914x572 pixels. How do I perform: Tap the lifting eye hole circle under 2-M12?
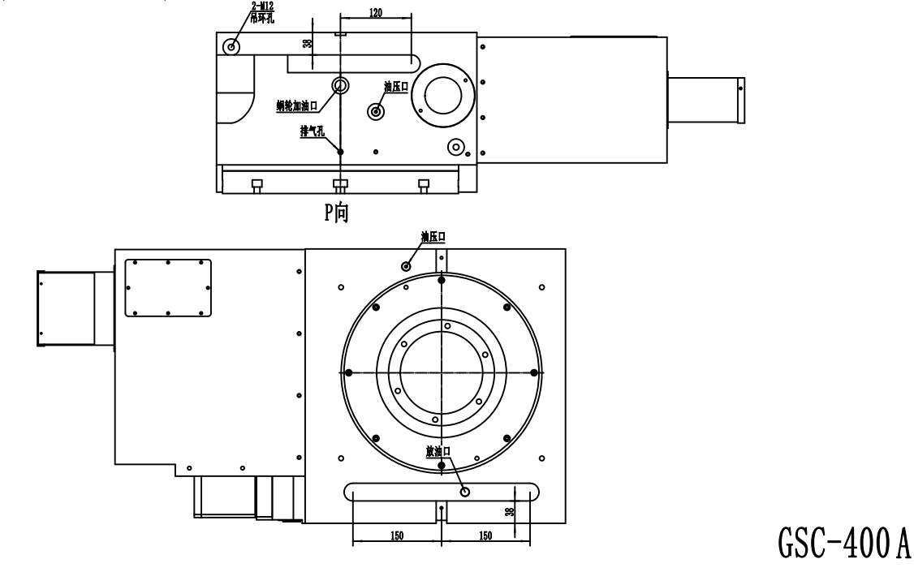pyautogui.click(x=231, y=46)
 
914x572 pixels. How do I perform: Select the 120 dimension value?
pyautogui.click(x=376, y=11)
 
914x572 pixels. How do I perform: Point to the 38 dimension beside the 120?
pyautogui.click(x=307, y=42)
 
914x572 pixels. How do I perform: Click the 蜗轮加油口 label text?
pyautogui.click(x=297, y=106)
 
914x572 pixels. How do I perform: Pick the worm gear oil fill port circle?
pyautogui.click(x=340, y=86)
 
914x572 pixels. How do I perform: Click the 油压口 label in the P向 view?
pyautogui.click(x=396, y=87)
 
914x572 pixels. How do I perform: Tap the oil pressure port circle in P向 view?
pyautogui.click(x=376, y=111)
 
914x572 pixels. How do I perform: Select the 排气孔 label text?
pyautogui.click(x=312, y=131)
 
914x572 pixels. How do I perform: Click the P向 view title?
pyautogui.click(x=336, y=212)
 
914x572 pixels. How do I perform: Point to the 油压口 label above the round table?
pyautogui.click(x=433, y=237)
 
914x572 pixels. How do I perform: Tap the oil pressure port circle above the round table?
pyautogui.click(x=407, y=266)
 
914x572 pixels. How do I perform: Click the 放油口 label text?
pyautogui.click(x=438, y=451)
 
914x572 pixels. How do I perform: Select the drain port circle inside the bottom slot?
pyautogui.click(x=464, y=492)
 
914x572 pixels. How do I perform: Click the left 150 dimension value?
pyautogui.click(x=396, y=535)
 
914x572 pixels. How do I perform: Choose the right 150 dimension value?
pyautogui.click(x=485, y=535)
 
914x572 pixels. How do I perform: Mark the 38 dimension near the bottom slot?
pyautogui.click(x=510, y=511)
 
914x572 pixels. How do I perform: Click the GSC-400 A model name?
pyautogui.click(x=843, y=542)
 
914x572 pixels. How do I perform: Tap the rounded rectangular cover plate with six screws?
pyautogui.click(x=168, y=288)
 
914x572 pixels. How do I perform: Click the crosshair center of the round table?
pyautogui.click(x=442, y=372)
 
